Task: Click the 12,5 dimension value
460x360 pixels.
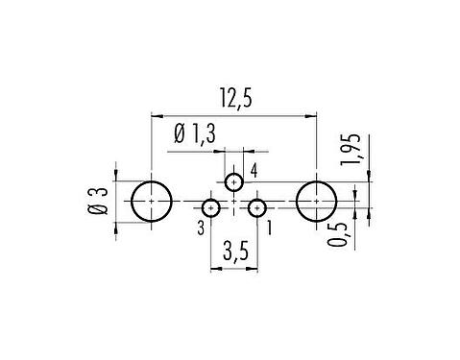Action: (x=233, y=98)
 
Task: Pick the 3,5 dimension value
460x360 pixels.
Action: (x=233, y=254)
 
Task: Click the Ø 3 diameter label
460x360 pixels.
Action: (x=95, y=203)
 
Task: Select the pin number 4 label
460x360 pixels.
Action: (x=254, y=171)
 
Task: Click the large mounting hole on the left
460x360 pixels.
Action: (x=151, y=203)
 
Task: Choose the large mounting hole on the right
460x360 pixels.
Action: (x=317, y=203)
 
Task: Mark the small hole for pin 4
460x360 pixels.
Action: (x=234, y=182)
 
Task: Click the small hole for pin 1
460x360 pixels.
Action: (x=256, y=207)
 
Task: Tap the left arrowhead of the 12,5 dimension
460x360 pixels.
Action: (x=156, y=115)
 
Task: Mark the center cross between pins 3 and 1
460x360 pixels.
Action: (x=234, y=204)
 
